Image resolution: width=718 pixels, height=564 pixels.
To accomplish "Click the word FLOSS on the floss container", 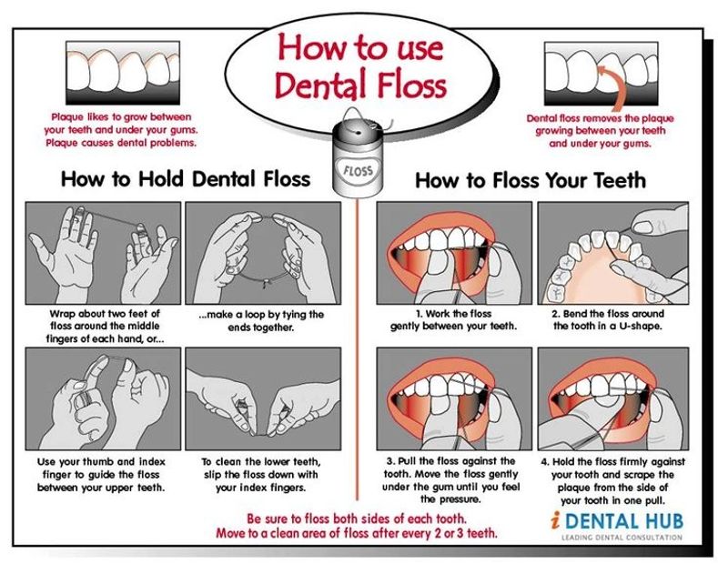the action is [358, 171].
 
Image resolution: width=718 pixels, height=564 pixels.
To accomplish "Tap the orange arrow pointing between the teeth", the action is [615, 90].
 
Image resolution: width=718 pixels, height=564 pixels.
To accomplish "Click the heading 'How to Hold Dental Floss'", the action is [186, 178].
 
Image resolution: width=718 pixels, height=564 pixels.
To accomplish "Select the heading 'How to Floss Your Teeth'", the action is [531, 180].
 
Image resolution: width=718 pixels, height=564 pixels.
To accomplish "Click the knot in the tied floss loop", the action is [264, 285].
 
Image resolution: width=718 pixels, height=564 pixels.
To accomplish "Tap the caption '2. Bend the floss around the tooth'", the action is [608, 320].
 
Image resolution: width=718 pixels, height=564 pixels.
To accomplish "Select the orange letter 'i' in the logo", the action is [555, 520].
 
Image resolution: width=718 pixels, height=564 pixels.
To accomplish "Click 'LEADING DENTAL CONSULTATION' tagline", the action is [622, 538].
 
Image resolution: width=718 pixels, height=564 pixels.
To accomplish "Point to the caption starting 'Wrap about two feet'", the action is [105, 327].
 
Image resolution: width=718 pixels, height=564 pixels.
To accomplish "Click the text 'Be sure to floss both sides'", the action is [357, 519].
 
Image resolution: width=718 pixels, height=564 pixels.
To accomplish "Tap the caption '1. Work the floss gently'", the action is [453, 320].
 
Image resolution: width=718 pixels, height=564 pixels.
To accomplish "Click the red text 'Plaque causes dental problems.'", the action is [121, 143].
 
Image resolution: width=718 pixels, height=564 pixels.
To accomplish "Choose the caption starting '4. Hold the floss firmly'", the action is [613, 480].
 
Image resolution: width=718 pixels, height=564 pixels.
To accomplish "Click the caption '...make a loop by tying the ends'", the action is [261, 321].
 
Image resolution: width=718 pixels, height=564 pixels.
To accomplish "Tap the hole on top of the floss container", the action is [359, 132].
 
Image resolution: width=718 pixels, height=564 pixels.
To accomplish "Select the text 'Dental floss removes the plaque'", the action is [601, 118].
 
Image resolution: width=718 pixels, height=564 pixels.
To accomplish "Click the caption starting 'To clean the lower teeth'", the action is [261, 475].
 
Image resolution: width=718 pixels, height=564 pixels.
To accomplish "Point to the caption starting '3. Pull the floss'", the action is [451, 479].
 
